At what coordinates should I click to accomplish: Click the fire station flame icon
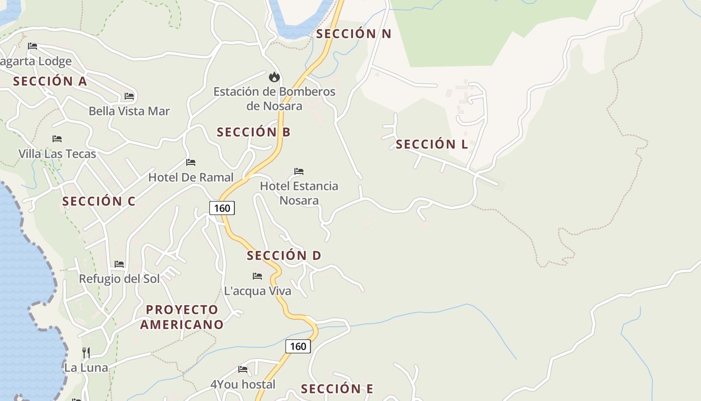pyautogui.click(x=274, y=77)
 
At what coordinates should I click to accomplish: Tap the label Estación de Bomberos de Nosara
pyautogui.click(x=274, y=99)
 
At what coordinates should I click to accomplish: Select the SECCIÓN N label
pyautogui.click(x=354, y=34)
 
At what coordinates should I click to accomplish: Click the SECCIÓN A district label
pyautogui.click(x=50, y=81)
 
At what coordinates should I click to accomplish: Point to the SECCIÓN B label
pyautogui.click(x=253, y=132)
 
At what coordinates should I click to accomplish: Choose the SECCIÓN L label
pyautogui.click(x=432, y=144)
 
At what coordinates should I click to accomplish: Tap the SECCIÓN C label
pyautogui.click(x=99, y=202)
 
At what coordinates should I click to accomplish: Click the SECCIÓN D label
pyautogui.click(x=284, y=256)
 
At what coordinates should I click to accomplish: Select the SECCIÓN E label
pyautogui.click(x=337, y=389)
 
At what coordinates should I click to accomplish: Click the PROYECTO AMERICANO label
pyautogui.click(x=182, y=317)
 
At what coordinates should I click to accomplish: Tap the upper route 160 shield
pyautogui.click(x=222, y=208)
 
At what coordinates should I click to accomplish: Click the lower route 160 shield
pyautogui.click(x=298, y=346)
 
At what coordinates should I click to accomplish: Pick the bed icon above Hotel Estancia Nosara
pyautogui.click(x=299, y=171)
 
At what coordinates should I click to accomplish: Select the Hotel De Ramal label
pyautogui.click(x=191, y=177)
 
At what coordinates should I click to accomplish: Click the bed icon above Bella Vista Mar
pyautogui.click(x=129, y=96)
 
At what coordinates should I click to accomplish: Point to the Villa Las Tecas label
pyautogui.click(x=57, y=154)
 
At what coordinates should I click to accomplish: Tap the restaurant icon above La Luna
pyautogui.click(x=86, y=353)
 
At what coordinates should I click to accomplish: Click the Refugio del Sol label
pyautogui.click(x=119, y=279)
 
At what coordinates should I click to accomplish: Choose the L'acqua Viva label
pyautogui.click(x=257, y=291)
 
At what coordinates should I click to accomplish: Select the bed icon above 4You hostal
pyautogui.click(x=243, y=369)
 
